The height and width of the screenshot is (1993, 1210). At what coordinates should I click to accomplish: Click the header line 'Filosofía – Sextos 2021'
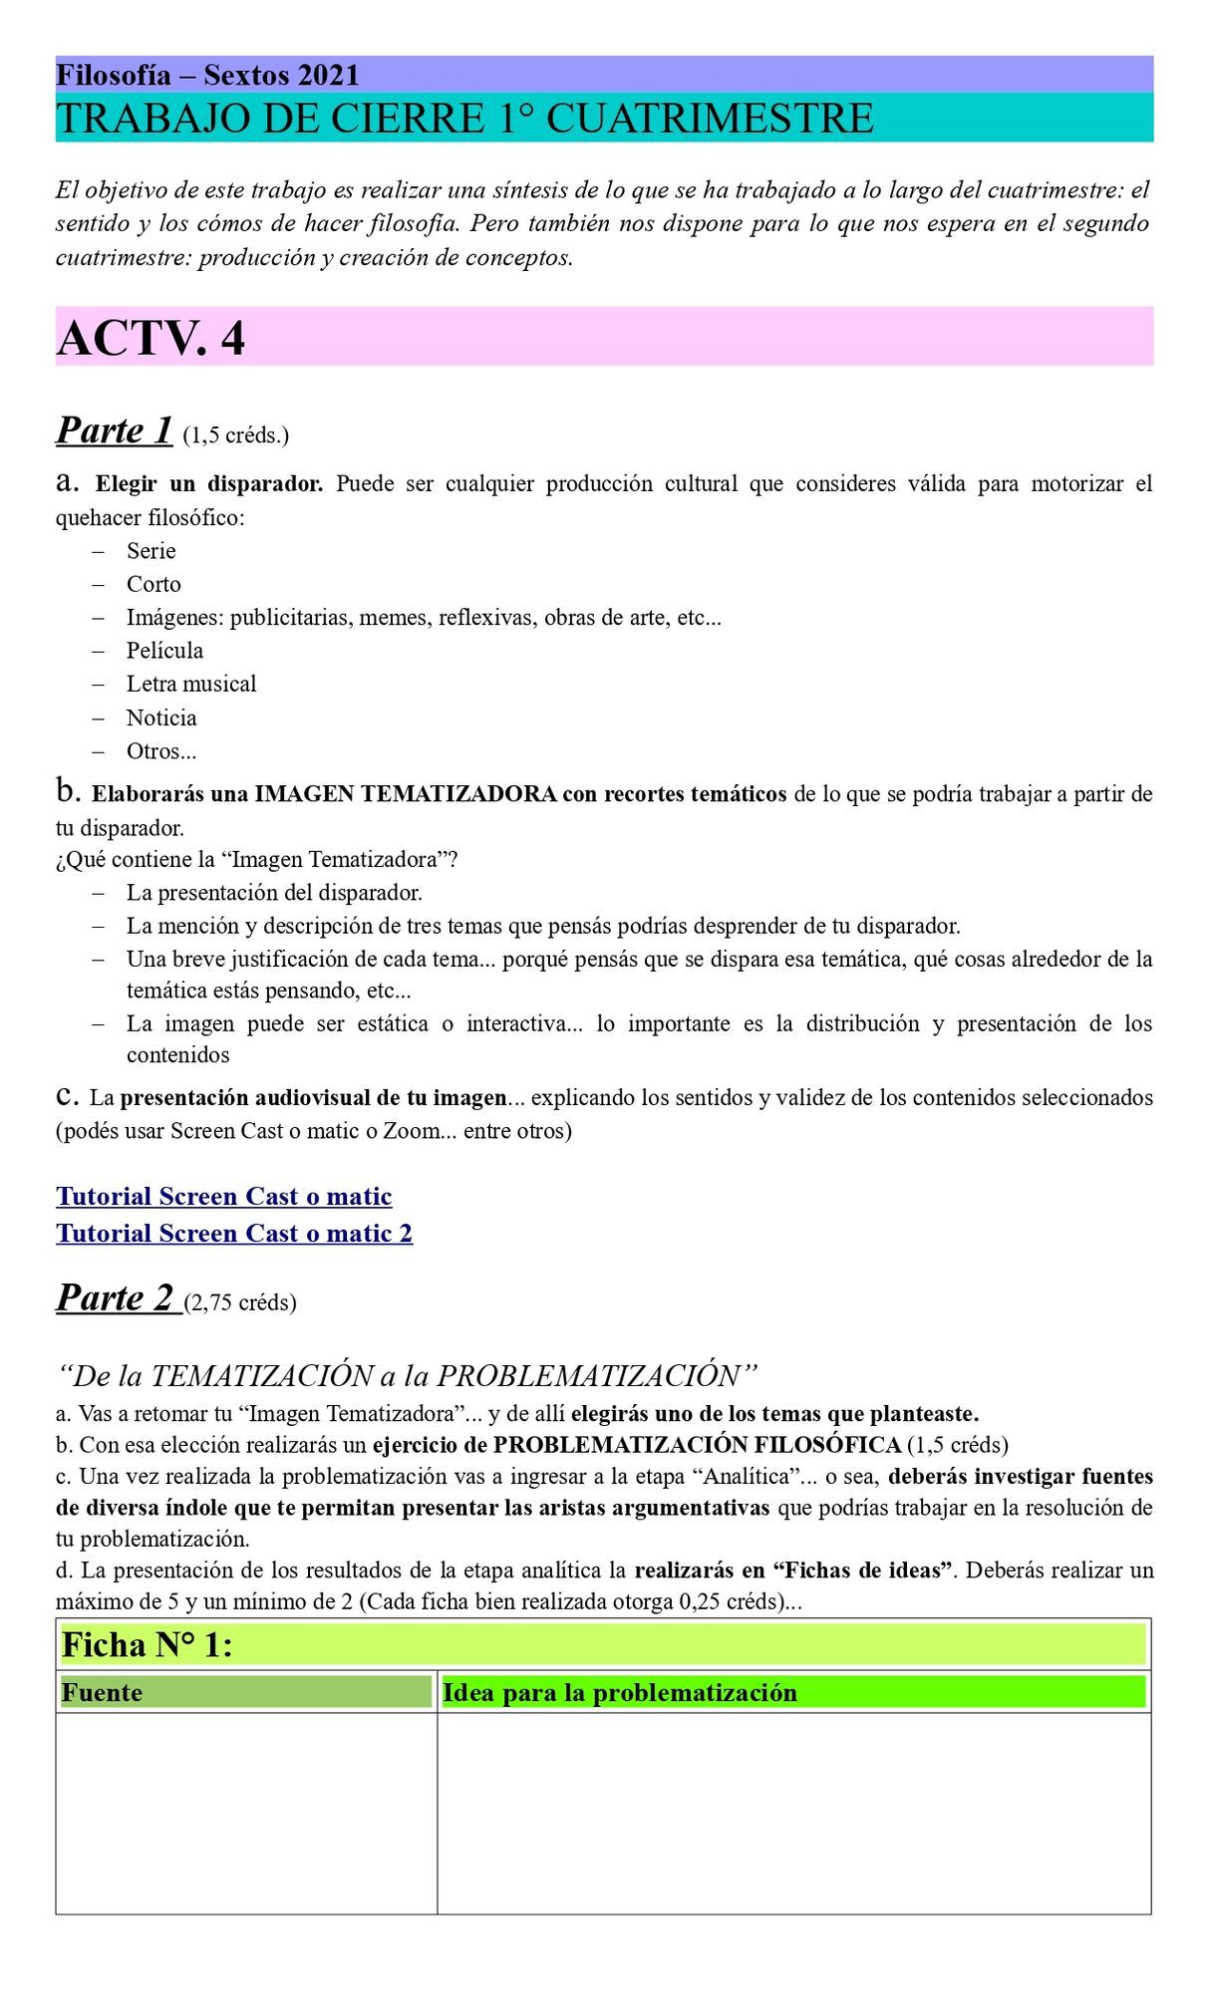point(207,75)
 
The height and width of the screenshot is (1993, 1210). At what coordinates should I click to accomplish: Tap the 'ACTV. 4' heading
point(151,338)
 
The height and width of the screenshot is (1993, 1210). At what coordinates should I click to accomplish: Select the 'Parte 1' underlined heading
point(115,429)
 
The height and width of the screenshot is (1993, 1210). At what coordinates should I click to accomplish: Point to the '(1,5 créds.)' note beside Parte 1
point(236,435)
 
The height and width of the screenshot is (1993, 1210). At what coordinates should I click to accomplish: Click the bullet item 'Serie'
point(151,551)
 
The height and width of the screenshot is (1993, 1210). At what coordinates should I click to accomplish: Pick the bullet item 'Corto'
point(153,584)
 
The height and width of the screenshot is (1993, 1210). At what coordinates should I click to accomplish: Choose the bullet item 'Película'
point(164,651)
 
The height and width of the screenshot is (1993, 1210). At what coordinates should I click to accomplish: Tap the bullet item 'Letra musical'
point(190,684)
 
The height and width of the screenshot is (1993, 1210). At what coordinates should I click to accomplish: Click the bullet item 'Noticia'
point(161,717)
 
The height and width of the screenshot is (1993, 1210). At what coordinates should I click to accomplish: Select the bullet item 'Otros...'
point(161,751)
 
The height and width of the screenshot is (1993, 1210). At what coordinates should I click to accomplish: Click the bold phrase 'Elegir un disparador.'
point(209,484)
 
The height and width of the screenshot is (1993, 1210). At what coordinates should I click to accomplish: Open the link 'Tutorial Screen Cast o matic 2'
point(234,1234)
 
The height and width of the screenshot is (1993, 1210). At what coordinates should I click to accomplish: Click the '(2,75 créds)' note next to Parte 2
point(240,1302)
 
